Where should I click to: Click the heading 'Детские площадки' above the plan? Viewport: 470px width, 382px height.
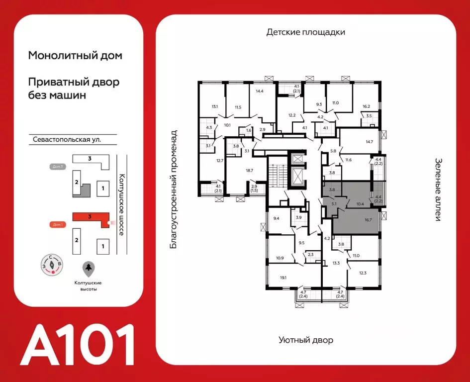click(305, 32)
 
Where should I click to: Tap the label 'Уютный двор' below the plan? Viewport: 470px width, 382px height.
click(305, 340)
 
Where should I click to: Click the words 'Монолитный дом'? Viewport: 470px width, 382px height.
click(75, 56)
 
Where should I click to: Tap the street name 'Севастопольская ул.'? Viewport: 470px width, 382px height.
click(65, 140)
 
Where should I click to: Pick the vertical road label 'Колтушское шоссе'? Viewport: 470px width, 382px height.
click(121, 204)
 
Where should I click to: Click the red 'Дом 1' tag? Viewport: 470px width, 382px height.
click(58, 224)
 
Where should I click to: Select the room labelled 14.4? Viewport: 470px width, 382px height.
click(260, 92)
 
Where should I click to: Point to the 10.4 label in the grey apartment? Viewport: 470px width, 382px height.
click(361, 203)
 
